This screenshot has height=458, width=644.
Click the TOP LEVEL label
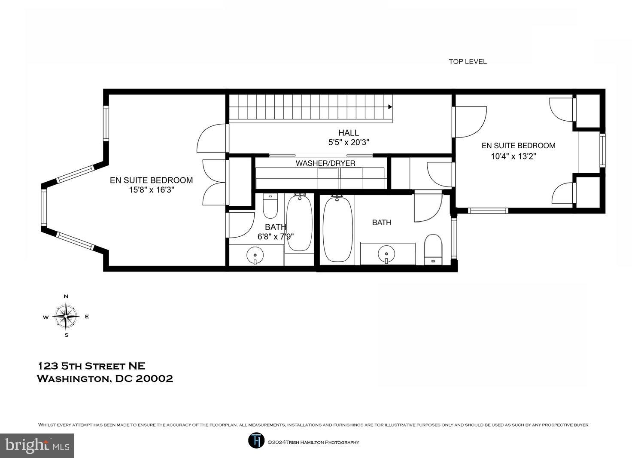pyautogui.click(x=468, y=61)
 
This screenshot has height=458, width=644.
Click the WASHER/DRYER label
pyautogui.click(x=325, y=163)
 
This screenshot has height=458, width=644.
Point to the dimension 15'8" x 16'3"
pyautogui.click(x=151, y=189)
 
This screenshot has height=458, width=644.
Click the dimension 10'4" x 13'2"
pyautogui.click(x=513, y=156)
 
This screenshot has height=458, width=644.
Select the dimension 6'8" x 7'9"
pyautogui.click(x=275, y=236)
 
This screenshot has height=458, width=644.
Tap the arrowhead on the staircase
pyautogui.click(x=390, y=107)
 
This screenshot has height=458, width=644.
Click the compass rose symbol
pyautogui.click(x=66, y=316)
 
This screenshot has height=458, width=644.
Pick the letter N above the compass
pyautogui.click(x=66, y=296)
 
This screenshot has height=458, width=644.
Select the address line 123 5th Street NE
pyautogui.click(x=91, y=366)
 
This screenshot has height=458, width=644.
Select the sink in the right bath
pyautogui.click(x=387, y=253)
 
